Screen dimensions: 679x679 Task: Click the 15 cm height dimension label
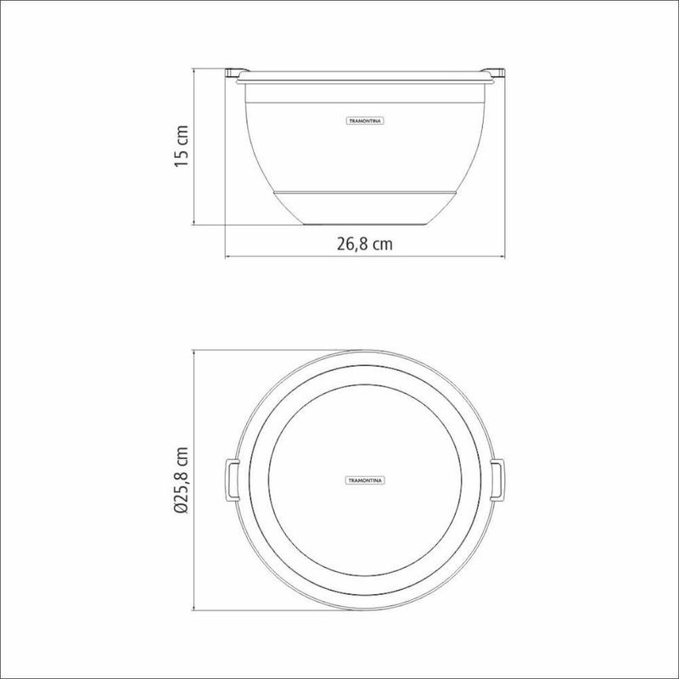tap(181, 146)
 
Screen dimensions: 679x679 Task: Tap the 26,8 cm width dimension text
tap(365, 244)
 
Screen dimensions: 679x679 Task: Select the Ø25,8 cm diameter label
tap(181, 480)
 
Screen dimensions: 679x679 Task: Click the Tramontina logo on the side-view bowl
tap(366, 121)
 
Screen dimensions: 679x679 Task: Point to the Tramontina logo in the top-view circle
tap(366, 480)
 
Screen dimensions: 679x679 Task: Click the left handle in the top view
tap(232, 480)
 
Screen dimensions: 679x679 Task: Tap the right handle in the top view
tap(497, 480)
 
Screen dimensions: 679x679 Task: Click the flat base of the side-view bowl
tap(365, 224)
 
